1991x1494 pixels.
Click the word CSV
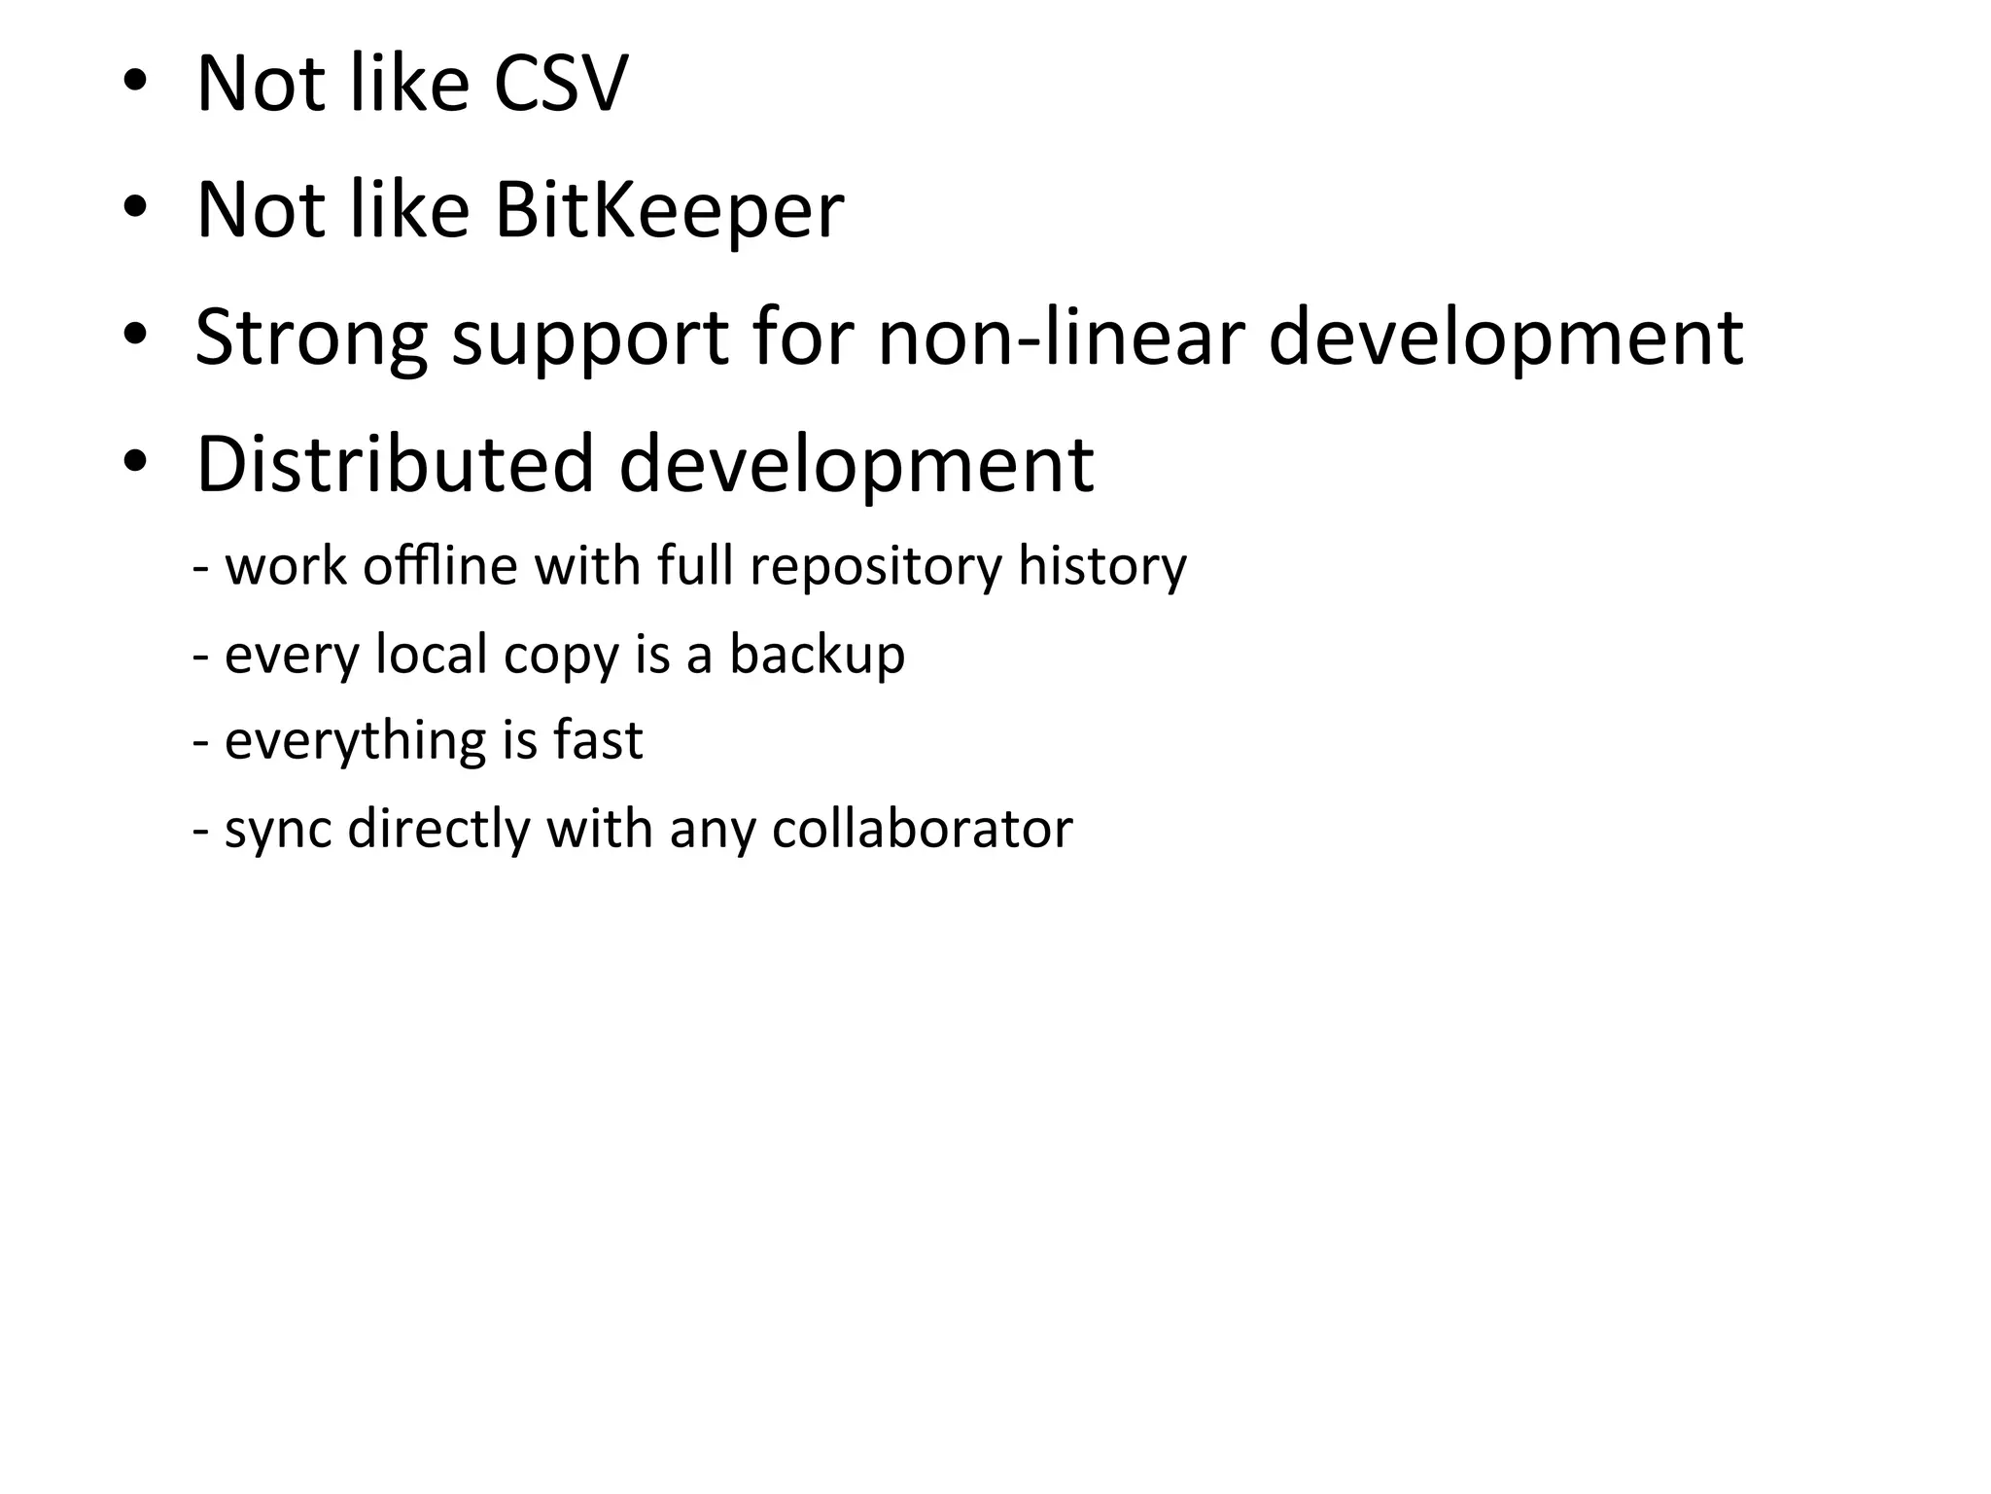coord(560,84)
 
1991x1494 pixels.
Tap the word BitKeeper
coord(669,210)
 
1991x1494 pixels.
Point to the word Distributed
coord(395,464)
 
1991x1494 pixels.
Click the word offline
coord(439,565)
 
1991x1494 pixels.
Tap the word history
coord(1101,565)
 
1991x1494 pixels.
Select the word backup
coord(817,655)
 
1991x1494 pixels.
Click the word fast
coord(597,740)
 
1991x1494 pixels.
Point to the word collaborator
coord(922,829)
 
